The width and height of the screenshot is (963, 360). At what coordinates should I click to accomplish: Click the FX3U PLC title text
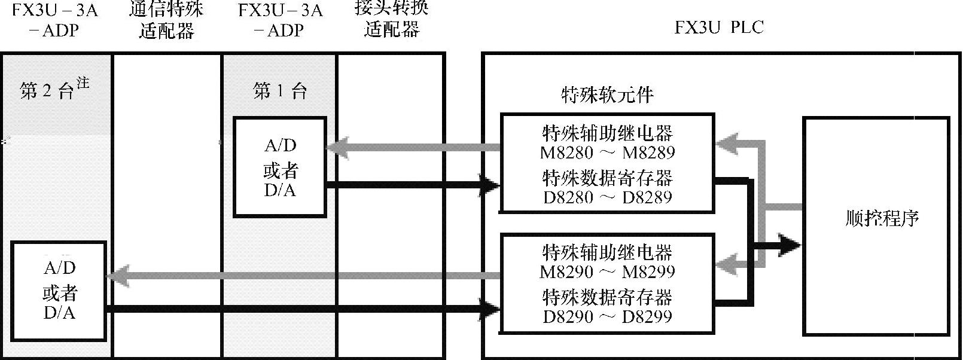(x=718, y=28)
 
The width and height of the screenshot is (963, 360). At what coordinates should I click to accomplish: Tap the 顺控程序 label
(x=882, y=218)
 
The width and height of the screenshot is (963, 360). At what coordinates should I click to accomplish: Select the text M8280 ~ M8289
(x=607, y=152)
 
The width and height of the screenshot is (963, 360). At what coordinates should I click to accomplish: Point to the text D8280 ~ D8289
(x=607, y=197)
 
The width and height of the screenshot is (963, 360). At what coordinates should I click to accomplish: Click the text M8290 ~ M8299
(x=607, y=272)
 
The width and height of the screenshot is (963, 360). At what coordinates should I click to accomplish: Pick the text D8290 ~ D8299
(x=607, y=316)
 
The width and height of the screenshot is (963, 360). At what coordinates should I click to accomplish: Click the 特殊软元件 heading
(x=607, y=94)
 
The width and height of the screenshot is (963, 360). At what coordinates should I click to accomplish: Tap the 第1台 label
(x=280, y=91)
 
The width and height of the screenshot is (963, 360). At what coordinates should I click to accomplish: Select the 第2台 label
(x=46, y=91)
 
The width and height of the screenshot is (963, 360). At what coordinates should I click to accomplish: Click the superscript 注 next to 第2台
(x=83, y=83)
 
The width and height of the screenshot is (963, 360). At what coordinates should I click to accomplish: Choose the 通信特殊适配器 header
(x=166, y=19)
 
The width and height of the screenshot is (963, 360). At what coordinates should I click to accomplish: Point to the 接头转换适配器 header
(x=392, y=19)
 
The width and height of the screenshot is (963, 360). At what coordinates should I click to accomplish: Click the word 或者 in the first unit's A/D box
(x=280, y=171)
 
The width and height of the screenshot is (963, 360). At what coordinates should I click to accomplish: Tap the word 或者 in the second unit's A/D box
(x=59, y=293)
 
